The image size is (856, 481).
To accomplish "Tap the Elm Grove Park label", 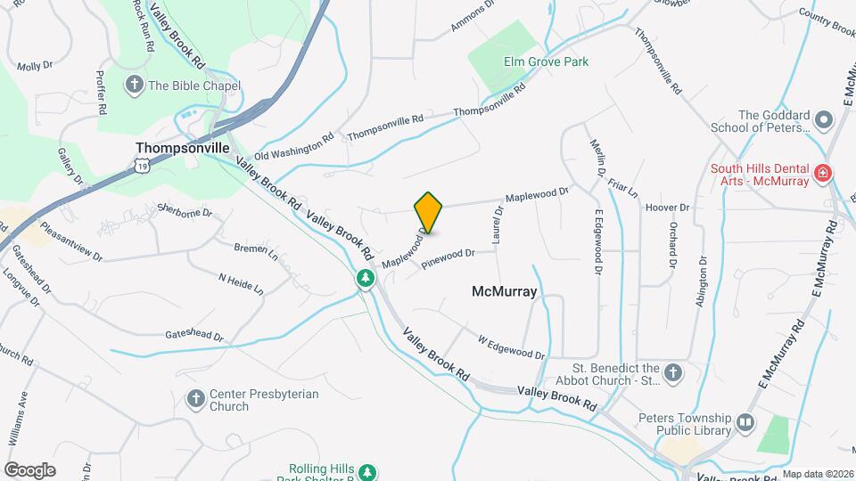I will coord(547,61).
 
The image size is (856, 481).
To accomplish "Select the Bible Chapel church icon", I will coord(135,86).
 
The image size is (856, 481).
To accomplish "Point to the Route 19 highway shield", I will coord(142,165).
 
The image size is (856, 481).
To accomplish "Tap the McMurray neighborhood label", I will coord(504,291).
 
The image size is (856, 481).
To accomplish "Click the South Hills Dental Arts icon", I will coord(823,172).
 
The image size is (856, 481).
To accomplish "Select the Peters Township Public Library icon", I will coord(745,420).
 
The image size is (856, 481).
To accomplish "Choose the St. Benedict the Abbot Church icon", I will coord(674,372).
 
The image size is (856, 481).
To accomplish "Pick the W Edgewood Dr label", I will coord(511,347).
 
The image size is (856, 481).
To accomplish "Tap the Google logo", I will coord(29,469).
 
